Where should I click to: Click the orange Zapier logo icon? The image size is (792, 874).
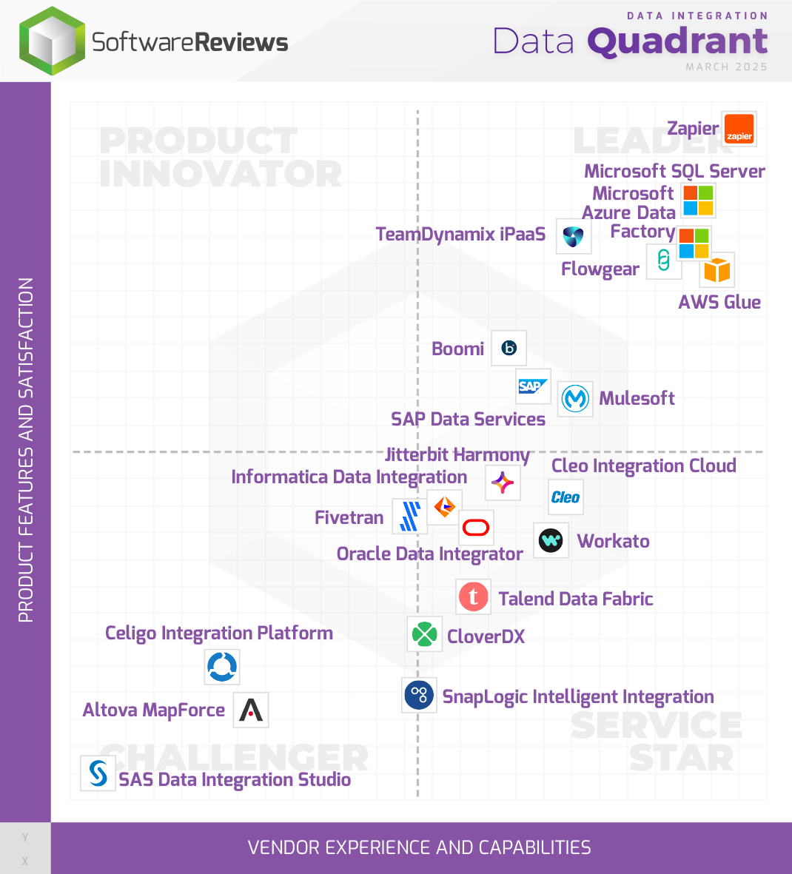(739, 130)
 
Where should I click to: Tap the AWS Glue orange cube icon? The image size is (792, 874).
(717, 270)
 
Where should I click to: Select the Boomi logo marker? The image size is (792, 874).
(509, 348)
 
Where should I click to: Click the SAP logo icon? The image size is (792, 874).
(533, 386)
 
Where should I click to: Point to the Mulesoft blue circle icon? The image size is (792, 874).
(575, 399)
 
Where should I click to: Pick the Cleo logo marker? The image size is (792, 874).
(566, 497)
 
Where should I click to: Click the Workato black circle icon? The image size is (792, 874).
(551, 540)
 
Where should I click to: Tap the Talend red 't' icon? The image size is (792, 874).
(473, 596)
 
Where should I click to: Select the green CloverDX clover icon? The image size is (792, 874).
(424, 634)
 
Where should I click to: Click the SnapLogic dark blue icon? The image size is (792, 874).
(419, 695)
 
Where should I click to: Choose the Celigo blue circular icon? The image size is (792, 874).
(222, 667)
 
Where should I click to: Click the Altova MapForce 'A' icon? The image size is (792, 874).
(250, 710)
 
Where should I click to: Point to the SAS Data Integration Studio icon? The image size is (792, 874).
(98, 773)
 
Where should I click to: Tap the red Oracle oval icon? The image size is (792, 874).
(475, 528)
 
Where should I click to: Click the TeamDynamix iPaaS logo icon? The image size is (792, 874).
(573, 237)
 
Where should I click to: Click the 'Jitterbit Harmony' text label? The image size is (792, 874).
(457, 454)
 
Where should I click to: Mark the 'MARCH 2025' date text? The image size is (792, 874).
(726, 67)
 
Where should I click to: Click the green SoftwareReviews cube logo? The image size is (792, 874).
(52, 41)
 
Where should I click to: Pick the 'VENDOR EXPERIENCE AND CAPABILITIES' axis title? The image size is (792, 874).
(419, 847)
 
